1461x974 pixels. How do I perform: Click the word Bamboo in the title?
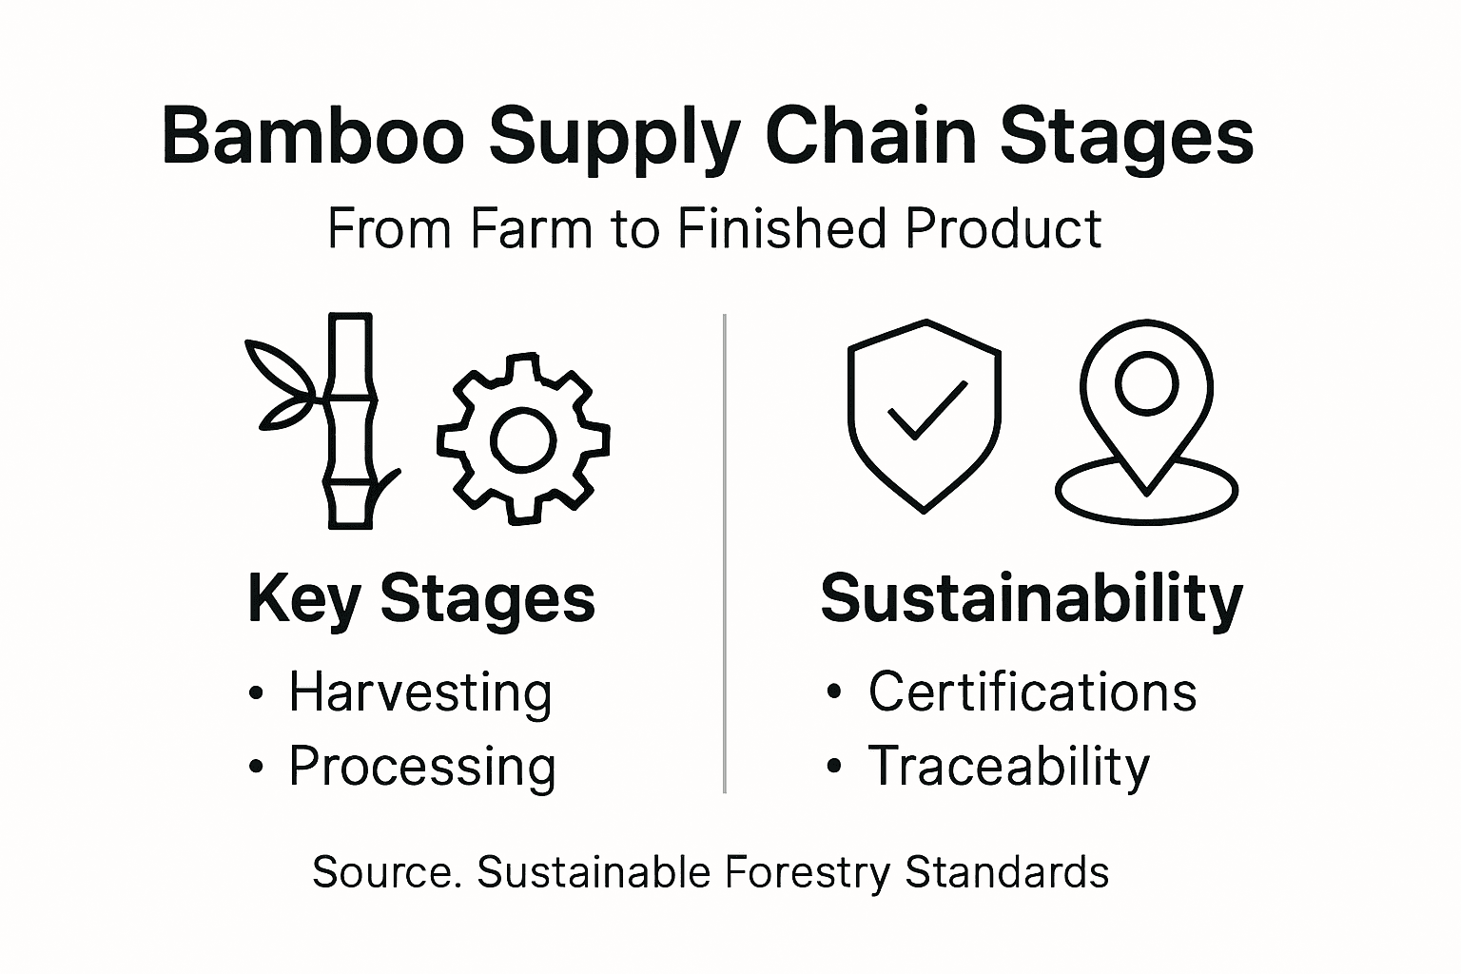[313, 136]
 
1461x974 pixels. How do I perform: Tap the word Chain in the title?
[869, 136]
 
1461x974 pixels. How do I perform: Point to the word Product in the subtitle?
[1003, 229]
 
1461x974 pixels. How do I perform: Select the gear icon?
[522, 438]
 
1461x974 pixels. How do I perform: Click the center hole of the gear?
[522, 439]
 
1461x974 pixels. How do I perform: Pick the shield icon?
[924, 416]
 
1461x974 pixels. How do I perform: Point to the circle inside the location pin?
[1146, 382]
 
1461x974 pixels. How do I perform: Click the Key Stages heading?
[420, 599]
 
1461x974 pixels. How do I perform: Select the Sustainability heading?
[1031, 599]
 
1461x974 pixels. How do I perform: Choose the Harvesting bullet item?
[419, 692]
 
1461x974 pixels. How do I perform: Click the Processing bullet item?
[421, 767]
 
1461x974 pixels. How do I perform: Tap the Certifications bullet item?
[1031, 692]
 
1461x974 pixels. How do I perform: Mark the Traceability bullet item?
[1008, 767]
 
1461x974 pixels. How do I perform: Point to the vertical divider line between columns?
[725, 552]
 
